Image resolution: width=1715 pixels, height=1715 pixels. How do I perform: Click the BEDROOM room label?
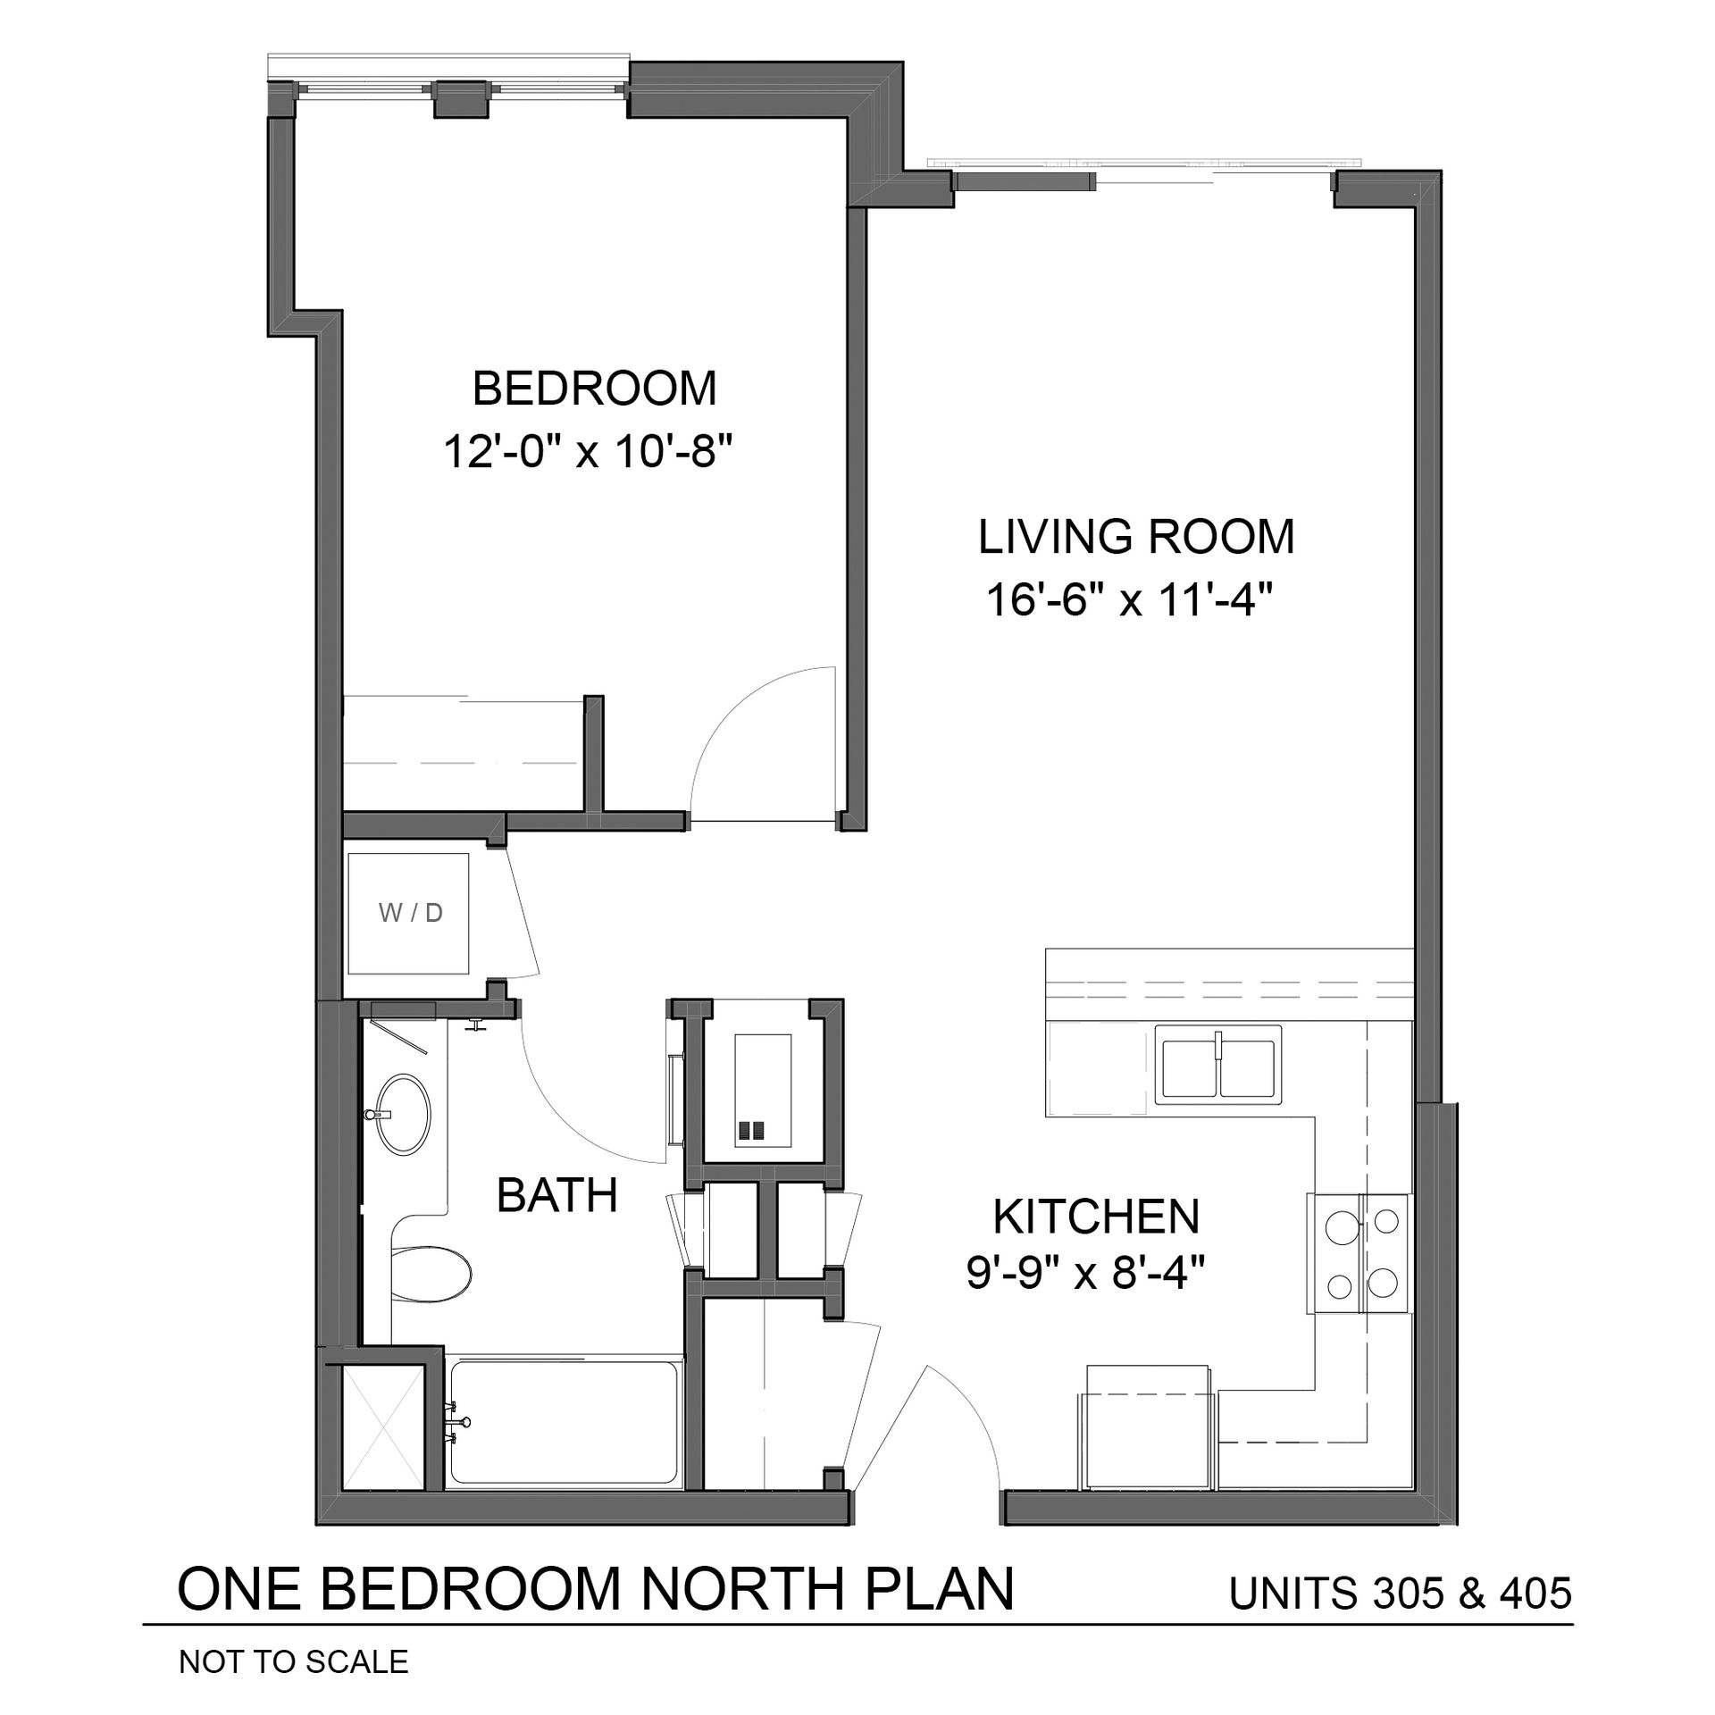(x=594, y=389)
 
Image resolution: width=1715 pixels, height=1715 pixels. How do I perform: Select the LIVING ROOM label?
(x=1136, y=537)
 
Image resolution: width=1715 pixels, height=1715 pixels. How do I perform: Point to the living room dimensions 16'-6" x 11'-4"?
(x=1129, y=600)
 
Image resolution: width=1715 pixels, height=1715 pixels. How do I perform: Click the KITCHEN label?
(x=1097, y=1216)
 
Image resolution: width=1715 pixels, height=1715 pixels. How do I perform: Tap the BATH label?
(x=557, y=1195)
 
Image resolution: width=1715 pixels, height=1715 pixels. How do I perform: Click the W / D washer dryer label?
(x=411, y=913)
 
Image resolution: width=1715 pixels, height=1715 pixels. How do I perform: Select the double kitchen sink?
(x=1217, y=1063)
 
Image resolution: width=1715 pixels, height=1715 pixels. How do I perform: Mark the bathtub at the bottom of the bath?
(x=563, y=1423)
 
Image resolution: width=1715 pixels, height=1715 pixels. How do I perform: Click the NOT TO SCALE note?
(x=294, y=1661)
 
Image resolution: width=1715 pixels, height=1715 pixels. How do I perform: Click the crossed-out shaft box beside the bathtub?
(x=383, y=1426)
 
